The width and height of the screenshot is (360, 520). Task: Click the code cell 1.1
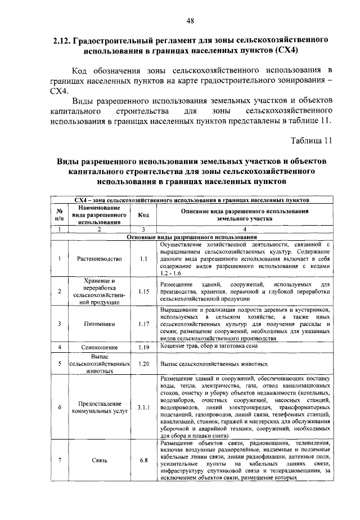(x=143, y=259)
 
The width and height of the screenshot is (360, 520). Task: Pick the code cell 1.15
(x=143, y=291)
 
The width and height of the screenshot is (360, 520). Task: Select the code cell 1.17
(x=143, y=324)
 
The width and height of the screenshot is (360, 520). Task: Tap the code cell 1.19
(x=143, y=348)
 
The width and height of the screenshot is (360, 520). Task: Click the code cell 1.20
(x=143, y=364)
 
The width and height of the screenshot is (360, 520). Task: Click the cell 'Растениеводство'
(x=98, y=259)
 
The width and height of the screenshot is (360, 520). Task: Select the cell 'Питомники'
(x=98, y=324)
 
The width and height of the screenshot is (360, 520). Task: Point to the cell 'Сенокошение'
(x=98, y=348)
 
